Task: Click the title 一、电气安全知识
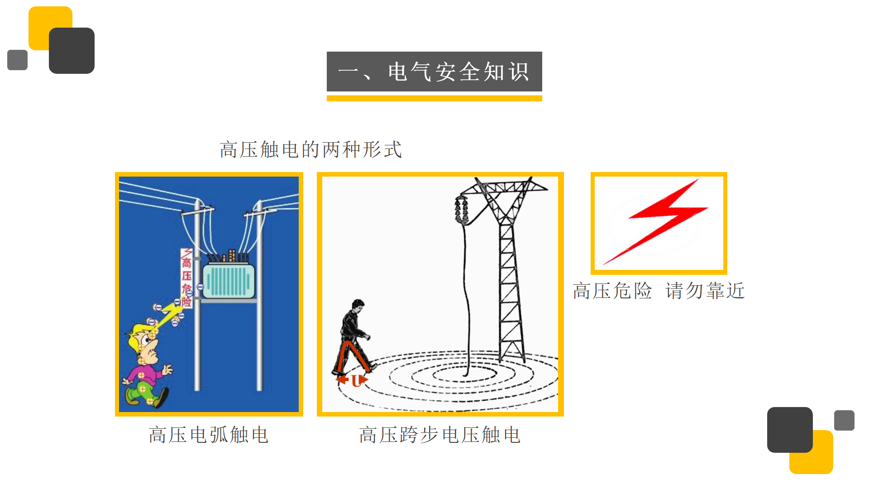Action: point(434,72)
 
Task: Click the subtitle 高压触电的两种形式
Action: point(311,149)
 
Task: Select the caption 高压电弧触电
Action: point(209,435)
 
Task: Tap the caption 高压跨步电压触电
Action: point(440,435)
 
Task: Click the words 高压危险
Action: point(612,291)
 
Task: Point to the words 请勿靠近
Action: point(705,291)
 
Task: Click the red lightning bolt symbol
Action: point(656,221)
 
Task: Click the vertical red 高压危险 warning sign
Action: point(186,278)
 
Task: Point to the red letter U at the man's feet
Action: point(356,381)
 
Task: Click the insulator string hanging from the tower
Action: point(461,210)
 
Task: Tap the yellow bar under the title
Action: point(434,98)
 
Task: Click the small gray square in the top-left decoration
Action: point(17,60)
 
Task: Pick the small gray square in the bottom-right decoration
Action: point(844,420)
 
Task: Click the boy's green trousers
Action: point(143,393)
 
